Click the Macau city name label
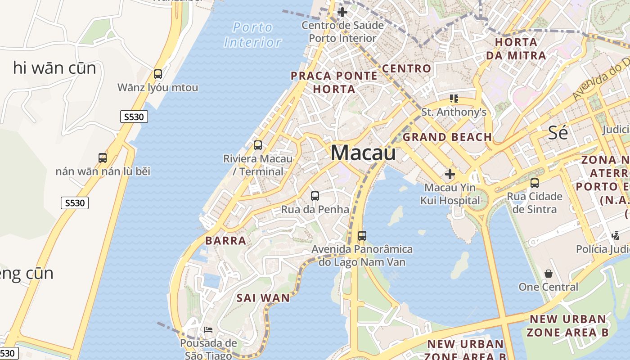[x=363, y=153]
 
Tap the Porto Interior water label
[x=253, y=35]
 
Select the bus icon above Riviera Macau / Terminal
[x=258, y=145]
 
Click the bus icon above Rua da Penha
[x=315, y=196]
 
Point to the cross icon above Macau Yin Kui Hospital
[x=450, y=174]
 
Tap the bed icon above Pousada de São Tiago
[x=208, y=330]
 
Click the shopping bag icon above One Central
[x=549, y=274]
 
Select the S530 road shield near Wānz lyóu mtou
[x=134, y=117]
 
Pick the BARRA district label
[x=226, y=241]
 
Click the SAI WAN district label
[x=263, y=298]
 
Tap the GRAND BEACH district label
[x=447, y=137]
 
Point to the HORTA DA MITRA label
[x=516, y=49]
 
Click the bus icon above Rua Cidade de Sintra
[x=535, y=183]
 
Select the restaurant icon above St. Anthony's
[x=454, y=99]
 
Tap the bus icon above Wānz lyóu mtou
[x=158, y=74]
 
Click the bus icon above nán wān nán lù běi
[x=103, y=158]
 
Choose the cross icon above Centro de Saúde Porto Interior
[x=342, y=12]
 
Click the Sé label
[x=558, y=133]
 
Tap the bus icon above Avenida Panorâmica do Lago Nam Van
[x=362, y=236]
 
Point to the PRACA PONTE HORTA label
[x=334, y=82]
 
